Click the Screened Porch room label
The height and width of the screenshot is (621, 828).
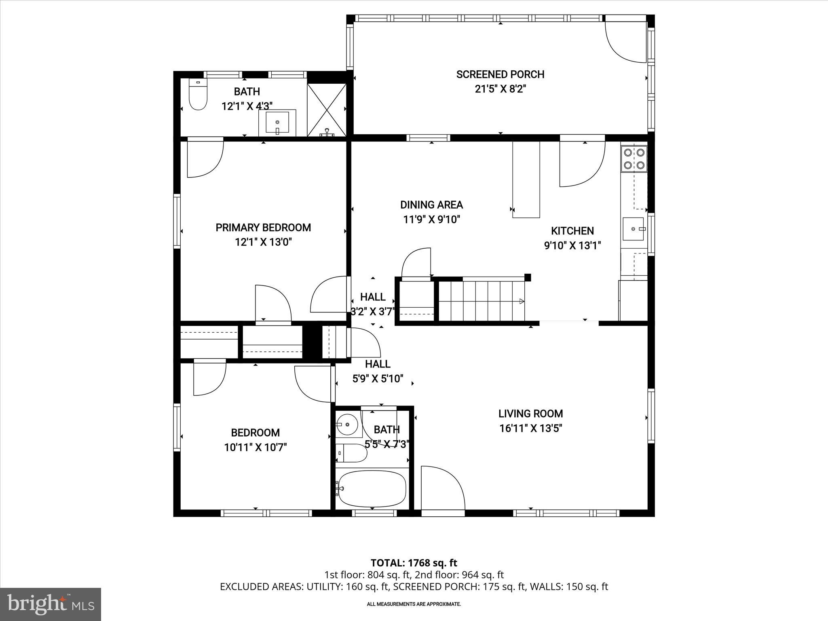[x=500, y=74]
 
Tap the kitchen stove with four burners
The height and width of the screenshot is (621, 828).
[x=634, y=159]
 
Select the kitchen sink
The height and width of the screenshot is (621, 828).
[x=633, y=229]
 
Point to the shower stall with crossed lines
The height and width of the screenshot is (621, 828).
[x=327, y=110]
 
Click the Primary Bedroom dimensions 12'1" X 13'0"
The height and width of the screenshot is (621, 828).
[x=263, y=242]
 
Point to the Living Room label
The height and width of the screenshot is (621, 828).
[x=530, y=414]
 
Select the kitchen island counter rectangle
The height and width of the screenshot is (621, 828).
[x=526, y=180]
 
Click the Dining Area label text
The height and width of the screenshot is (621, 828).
[x=431, y=205]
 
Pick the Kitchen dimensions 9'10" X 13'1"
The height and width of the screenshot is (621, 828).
[x=572, y=245]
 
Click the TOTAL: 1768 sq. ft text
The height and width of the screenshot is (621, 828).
[x=414, y=563]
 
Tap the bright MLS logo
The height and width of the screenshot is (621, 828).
[x=51, y=604]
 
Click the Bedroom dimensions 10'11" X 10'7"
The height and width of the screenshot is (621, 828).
[x=256, y=448]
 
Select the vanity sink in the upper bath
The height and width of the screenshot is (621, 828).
[x=277, y=123]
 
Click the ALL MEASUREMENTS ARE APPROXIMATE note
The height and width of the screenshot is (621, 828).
[x=414, y=604]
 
